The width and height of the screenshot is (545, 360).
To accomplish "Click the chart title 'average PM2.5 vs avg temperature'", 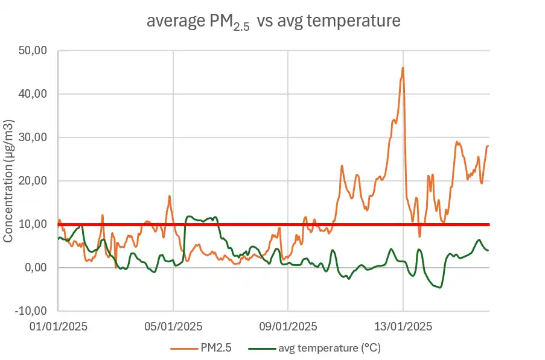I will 273,21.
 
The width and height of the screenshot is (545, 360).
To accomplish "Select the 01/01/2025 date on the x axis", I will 59,327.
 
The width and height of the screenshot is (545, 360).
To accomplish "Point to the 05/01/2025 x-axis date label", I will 173,327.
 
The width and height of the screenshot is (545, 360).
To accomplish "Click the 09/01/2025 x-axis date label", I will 288,327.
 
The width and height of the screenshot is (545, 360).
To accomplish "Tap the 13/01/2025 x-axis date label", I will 403,327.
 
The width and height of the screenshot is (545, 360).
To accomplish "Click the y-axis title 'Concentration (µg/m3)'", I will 8,181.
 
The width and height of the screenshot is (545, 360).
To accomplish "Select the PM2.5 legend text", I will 215,348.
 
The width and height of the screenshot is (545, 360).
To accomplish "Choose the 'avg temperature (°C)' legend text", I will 330,348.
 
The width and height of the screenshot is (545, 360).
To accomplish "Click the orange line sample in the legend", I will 183,348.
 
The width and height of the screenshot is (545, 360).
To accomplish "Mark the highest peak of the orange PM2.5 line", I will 403,68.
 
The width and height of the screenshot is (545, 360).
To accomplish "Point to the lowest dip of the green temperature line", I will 440,288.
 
